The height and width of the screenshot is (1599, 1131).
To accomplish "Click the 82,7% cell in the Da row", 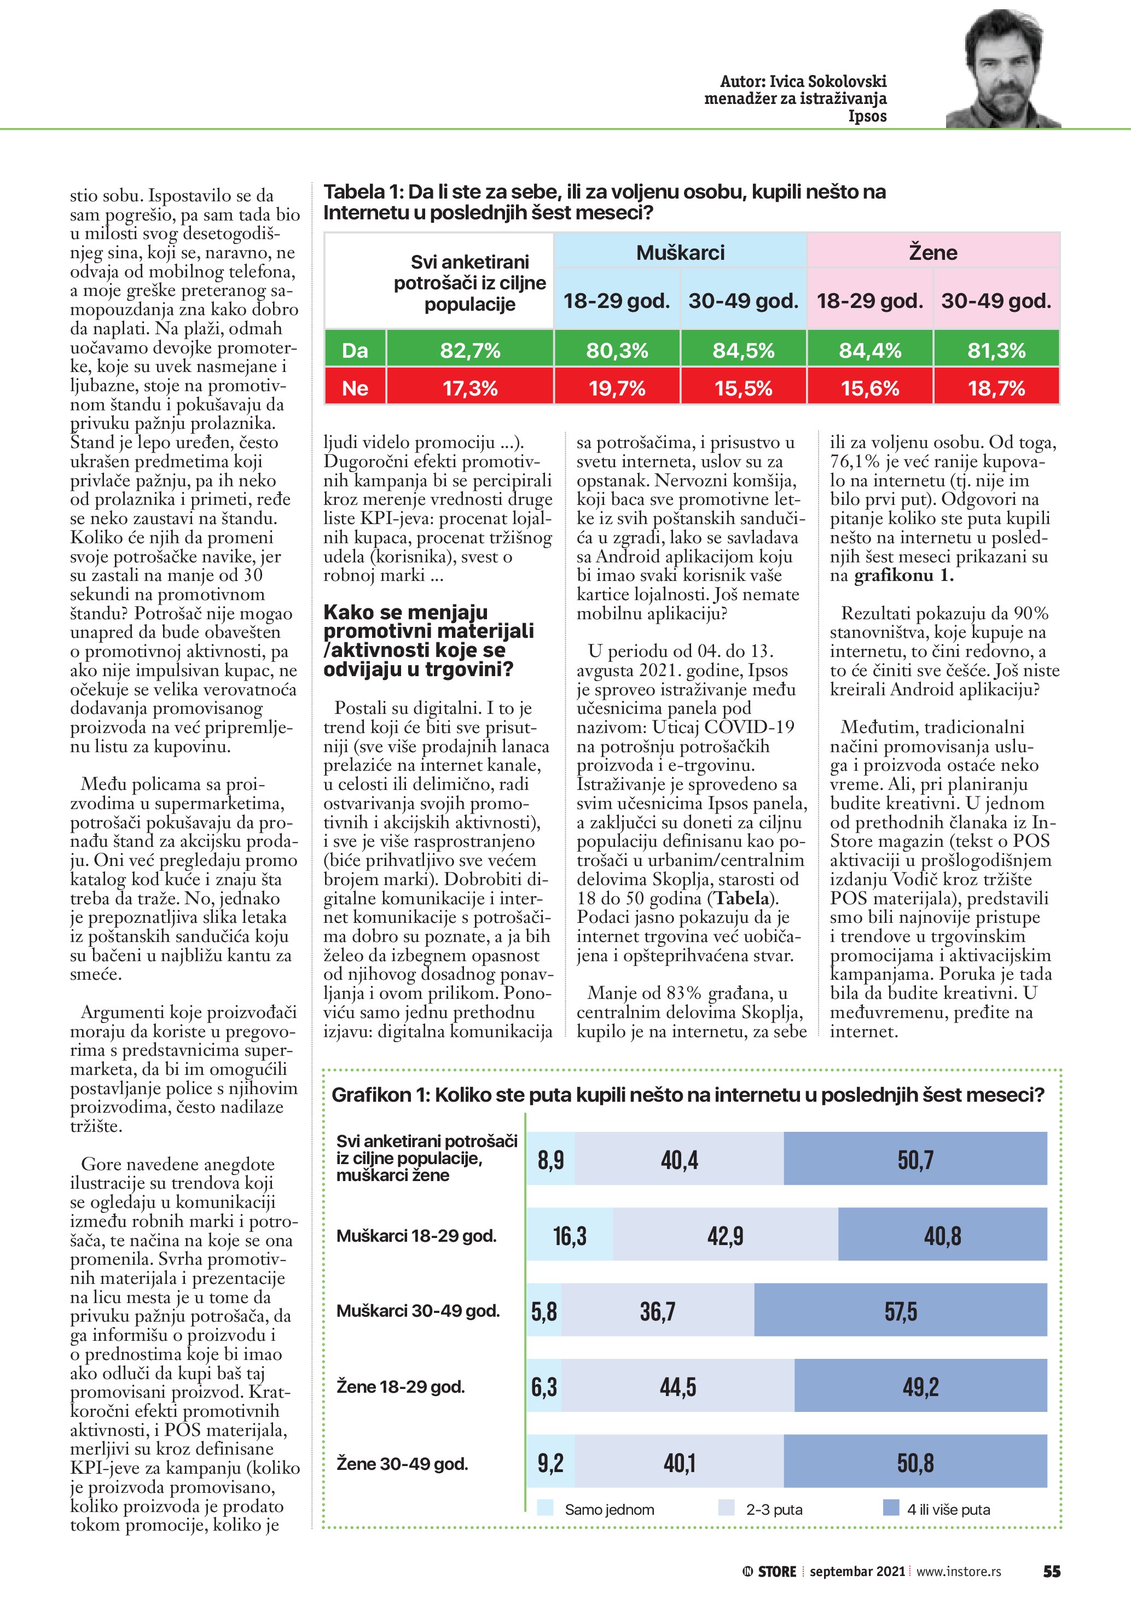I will (470, 350).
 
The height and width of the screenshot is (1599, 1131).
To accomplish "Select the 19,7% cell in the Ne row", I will (617, 388).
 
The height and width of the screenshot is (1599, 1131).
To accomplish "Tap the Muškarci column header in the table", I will (681, 252).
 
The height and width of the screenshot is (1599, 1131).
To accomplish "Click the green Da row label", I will (355, 350).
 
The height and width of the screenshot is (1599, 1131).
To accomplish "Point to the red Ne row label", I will (355, 388).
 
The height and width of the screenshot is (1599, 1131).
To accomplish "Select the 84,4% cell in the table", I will (870, 350).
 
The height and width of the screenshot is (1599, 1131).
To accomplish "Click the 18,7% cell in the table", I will (996, 388).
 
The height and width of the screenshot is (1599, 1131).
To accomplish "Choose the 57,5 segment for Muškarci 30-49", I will (901, 1311).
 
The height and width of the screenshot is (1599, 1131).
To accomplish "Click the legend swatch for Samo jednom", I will (546, 1508).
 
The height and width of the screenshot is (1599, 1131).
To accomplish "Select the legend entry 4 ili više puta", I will (947, 1509).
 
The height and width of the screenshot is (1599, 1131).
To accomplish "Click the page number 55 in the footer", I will (1051, 1571).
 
